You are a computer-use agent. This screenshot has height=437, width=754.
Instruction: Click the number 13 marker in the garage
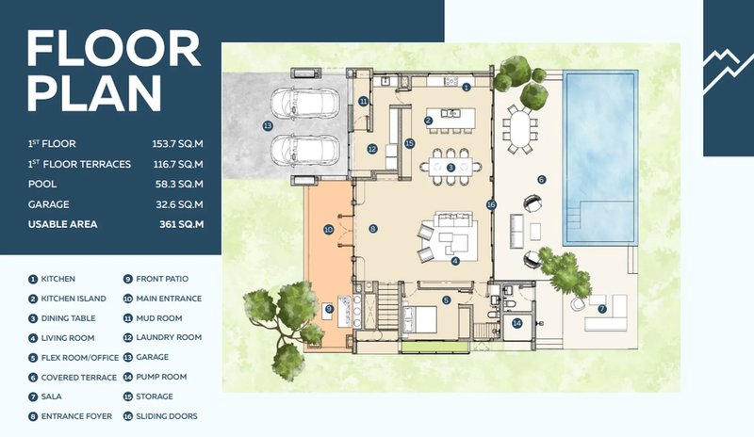pos(268,126)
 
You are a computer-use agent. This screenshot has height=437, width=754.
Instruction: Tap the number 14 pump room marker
pos(516,323)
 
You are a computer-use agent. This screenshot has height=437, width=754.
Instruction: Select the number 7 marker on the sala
pos(602,309)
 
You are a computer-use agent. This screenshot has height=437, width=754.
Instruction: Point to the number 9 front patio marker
pos(329,309)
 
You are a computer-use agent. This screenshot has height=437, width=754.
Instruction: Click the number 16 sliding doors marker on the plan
pos(491,204)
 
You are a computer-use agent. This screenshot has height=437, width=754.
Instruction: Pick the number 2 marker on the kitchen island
pos(429,121)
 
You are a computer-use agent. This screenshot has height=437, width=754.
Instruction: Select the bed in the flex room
pos(419,318)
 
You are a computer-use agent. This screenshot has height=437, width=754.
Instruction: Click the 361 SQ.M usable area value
pos(181,224)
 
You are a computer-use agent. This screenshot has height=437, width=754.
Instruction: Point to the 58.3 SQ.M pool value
pos(179,185)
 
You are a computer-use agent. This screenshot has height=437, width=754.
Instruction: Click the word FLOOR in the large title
pos(113,48)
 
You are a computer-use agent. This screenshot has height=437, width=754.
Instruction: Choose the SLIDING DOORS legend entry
pos(160,416)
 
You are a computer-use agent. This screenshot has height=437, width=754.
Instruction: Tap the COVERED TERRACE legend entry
pos(73,378)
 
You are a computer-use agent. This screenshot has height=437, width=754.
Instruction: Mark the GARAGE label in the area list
pos(49,204)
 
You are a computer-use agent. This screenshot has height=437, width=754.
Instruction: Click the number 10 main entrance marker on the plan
pos(328,230)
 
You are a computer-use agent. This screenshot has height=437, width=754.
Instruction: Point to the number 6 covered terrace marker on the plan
pos(542,180)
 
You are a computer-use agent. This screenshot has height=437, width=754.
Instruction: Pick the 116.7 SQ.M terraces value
pos(178,165)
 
